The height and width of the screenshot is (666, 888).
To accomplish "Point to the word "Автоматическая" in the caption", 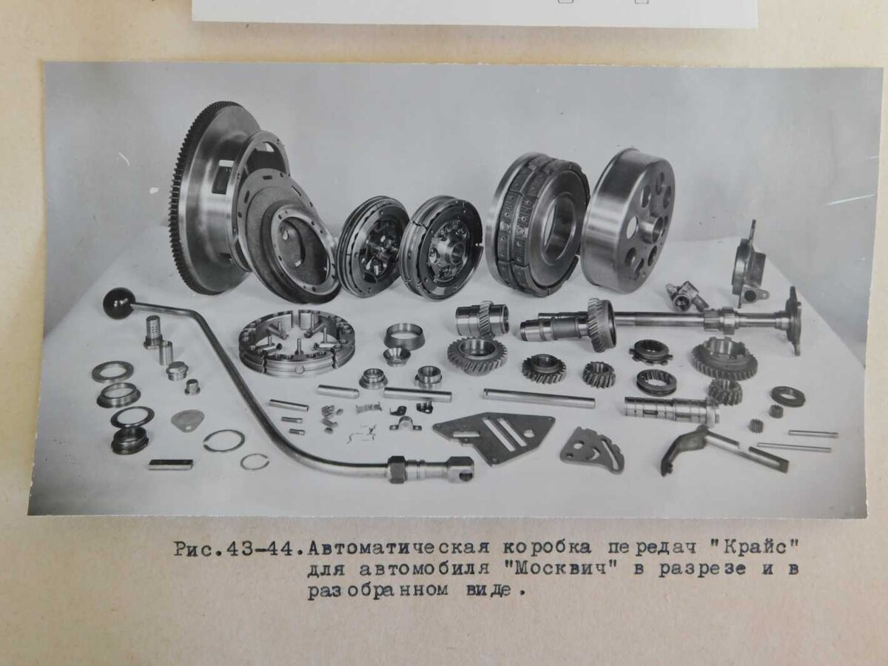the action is tap(398, 549).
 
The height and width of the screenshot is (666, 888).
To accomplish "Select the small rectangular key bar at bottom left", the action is tap(170, 464).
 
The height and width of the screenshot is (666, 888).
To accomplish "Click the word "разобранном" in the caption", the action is tap(378, 591).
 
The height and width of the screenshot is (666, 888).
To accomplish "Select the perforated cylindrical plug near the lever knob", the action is tap(153, 331).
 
